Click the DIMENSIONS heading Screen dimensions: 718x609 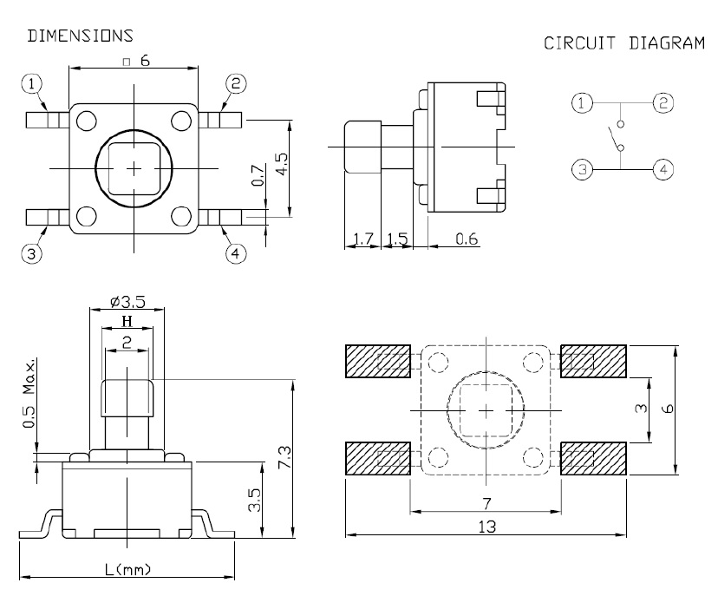click(80, 36)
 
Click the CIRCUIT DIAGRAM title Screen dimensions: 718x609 click(624, 43)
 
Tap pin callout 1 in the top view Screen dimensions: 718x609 click(31, 84)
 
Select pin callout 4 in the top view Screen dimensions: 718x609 click(236, 253)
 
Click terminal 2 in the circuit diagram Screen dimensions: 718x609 click(663, 102)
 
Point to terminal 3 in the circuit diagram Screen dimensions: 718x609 click(583, 169)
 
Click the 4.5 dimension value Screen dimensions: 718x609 click(282, 164)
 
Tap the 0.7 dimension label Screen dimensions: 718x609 click(258, 175)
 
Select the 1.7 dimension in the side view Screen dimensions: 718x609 click(362, 239)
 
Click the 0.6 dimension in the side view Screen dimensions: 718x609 click(467, 239)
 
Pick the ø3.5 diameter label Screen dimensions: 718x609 click(127, 302)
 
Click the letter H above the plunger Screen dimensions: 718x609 click(127, 321)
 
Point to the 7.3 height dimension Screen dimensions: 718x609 click(284, 457)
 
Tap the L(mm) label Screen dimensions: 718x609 click(127, 570)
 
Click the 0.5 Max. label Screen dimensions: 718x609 click(29, 394)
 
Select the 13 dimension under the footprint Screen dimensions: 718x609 click(486, 527)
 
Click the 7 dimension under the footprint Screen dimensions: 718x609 click(486, 504)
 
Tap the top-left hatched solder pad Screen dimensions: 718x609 click(378, 361)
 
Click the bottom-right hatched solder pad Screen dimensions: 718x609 click(593, 458)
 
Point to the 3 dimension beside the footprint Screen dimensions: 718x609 click(642, 408)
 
